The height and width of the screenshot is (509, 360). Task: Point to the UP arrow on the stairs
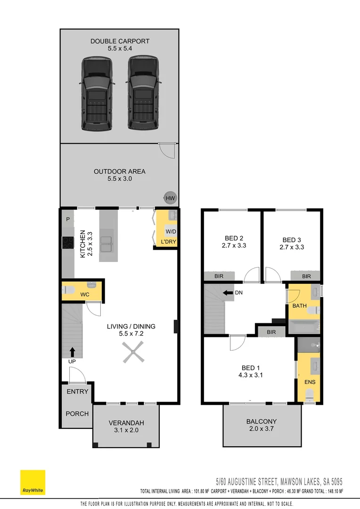pos(72,352)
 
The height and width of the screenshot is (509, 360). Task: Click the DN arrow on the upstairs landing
pos(227,293)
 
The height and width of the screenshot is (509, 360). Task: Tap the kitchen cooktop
pos(68,242)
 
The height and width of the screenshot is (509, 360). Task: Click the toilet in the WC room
pos(69,290)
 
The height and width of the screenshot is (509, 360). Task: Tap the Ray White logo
pos(33,482)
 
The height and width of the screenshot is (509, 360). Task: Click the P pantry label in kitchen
pos(68,219)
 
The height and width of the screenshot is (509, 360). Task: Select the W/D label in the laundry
pos(170,231)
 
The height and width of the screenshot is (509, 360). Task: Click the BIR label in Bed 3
pos(306,276)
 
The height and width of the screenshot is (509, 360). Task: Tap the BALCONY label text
pos(262,421)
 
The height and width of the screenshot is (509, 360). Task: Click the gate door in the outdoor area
pos(166,150)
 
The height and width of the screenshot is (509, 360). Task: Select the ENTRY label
pos(77,392)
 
